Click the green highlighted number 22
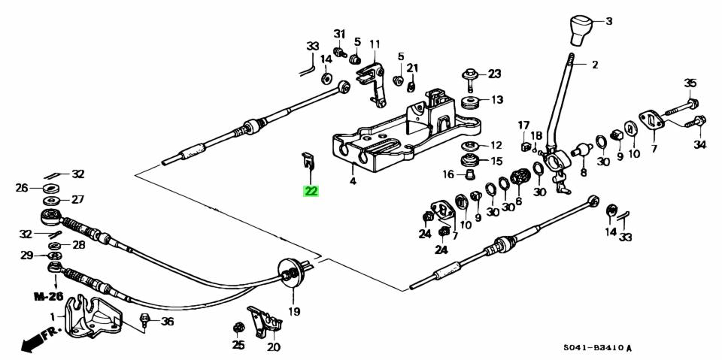[311, 191]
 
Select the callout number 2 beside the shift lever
[595, 65]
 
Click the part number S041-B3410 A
[598, 348]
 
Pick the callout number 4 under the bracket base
[352, 181]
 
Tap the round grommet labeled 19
[290, 272]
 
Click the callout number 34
[700, 144]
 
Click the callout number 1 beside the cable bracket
[53, 316]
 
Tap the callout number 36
[167, 322]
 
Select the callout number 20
[273, 347]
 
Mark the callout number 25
[238, 345]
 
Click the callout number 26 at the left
[21, 188]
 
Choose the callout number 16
[448, 175]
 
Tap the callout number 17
[523, 125]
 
